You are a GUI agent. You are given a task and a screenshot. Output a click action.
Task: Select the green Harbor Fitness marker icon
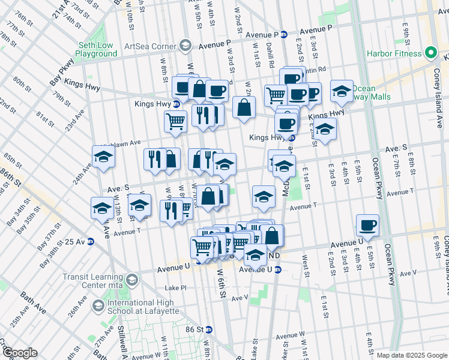coord(430,53)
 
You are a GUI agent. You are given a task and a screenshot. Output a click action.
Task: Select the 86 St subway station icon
coord(209,329)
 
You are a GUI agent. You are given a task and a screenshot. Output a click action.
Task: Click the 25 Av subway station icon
coord(91,241)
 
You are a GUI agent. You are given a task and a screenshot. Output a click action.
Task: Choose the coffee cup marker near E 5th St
coord(367,226)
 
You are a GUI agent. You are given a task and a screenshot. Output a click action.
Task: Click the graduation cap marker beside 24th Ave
coord(103,157)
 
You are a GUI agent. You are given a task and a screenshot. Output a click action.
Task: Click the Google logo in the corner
coord(21,353)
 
